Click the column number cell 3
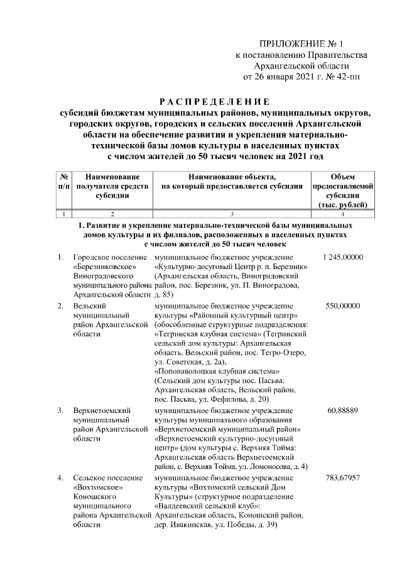(232, 215)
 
